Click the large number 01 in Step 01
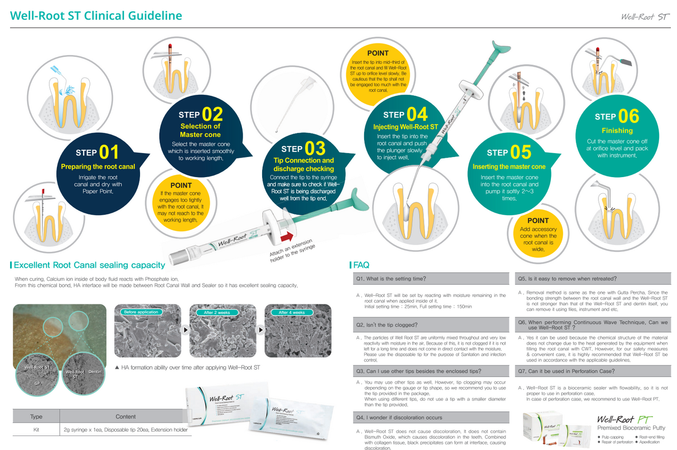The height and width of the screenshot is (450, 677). tap(109, 153)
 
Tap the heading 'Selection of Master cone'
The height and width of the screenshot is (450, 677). tap(200, 130)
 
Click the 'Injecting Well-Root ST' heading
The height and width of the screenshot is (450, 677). tap(405, 127)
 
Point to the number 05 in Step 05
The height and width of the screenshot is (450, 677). tap(520, 153)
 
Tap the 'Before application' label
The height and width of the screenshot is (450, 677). tap(141, 312)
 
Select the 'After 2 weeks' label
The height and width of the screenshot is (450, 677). tap(217, 312)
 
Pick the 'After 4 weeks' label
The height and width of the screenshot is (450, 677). tap(292, 312)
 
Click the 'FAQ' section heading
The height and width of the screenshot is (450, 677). tap(361, 265)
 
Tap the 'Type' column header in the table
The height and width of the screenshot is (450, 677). tap(36, 416)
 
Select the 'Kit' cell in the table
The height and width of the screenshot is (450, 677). tap(36, 429)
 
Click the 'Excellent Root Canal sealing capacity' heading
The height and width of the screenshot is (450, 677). tap(89, 265)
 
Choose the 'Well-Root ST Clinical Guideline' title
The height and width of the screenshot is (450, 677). tap(96, 16)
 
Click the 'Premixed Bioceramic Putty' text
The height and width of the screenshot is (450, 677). tap(631, 428)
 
